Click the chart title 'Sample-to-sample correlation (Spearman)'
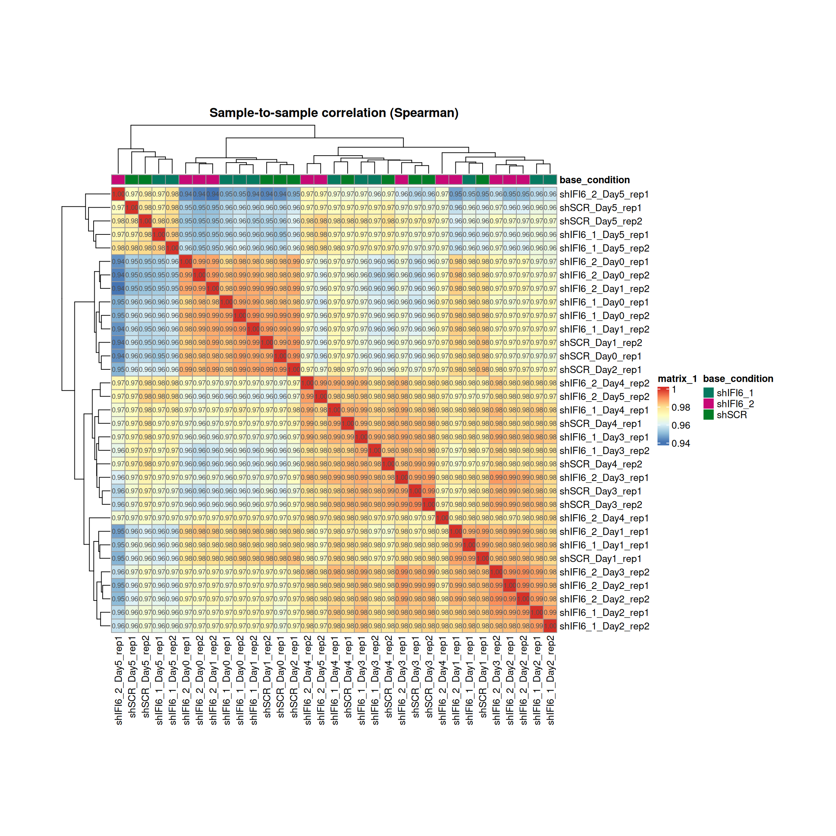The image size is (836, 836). [333, 113]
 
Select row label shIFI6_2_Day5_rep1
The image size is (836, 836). [604, 194]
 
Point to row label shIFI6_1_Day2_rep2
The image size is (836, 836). [604, 626]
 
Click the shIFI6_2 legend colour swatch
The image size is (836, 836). [708, 404]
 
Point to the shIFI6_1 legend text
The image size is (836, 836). [735, 393]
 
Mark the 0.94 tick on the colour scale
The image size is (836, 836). [681, 443]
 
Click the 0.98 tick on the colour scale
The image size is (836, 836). [681, 407]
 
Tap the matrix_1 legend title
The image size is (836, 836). [677, 378]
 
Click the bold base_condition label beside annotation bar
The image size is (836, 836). [595, 180]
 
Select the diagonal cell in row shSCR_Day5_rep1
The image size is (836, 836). [132, 208]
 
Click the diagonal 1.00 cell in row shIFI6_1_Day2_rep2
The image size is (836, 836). [550, 626]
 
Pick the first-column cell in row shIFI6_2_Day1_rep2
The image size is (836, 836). [118, 288]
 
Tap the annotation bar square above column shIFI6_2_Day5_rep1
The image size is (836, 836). [118, 180]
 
